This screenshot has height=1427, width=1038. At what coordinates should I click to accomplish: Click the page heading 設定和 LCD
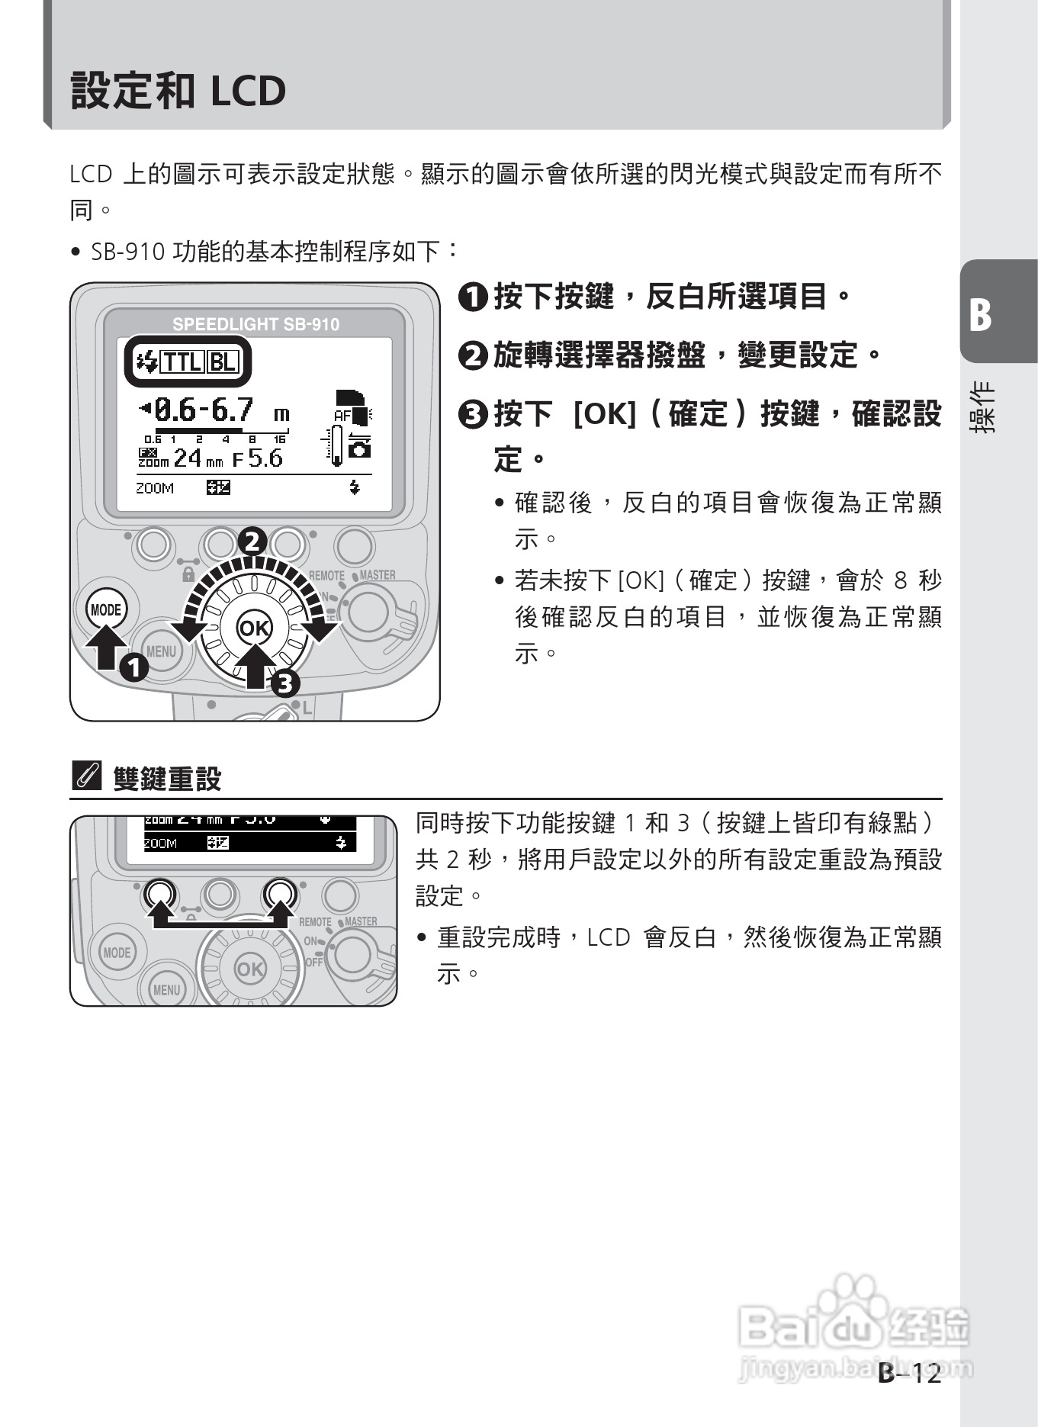point(178,91)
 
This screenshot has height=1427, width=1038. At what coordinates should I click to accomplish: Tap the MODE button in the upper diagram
point(105,610)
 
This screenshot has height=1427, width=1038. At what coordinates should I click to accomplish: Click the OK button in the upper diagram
point(254,628)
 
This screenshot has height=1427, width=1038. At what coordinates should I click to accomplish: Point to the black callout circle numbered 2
point(252,542)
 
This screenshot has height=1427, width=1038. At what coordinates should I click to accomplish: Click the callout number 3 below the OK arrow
point(284,683)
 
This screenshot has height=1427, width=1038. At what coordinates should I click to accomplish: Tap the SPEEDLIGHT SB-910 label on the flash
point(255,324)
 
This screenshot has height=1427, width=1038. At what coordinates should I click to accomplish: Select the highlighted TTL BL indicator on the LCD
point(188,362)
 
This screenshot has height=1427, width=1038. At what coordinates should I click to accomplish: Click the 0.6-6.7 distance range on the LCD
point(204,411)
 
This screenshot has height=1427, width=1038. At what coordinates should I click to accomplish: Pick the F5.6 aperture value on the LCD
point(258,459)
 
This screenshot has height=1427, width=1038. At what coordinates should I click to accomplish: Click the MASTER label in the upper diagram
point(377,575)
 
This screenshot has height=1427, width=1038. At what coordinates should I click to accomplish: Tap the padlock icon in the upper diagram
point(188,574)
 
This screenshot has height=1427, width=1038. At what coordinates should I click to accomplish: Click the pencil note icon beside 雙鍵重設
point(85,776)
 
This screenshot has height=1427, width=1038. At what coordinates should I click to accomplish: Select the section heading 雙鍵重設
point(167,779)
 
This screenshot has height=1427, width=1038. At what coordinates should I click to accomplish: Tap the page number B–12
point(910,1374)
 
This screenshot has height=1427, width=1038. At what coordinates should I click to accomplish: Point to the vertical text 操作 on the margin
point(982,408)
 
